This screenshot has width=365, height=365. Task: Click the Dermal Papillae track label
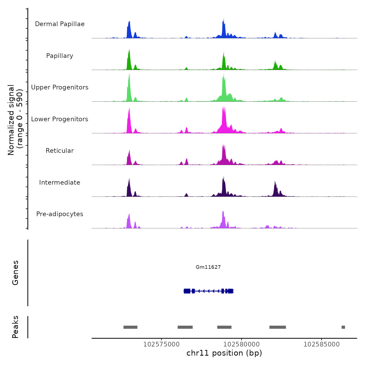coord(60,24)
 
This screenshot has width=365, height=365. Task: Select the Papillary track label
coord(60,56)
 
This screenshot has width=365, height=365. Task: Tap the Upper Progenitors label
coord(60,87)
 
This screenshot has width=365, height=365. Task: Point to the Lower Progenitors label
coord(60,119)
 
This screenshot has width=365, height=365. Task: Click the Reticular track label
coord(60,151)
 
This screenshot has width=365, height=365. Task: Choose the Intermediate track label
coord(60,182)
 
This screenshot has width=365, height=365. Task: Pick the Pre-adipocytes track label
coord(60,214)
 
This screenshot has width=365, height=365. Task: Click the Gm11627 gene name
coord(208,267)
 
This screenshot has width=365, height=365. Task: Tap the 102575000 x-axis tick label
coord(161,344)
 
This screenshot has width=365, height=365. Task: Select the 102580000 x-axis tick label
coord(241,344)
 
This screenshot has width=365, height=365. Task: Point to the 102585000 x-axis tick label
coord(321,344)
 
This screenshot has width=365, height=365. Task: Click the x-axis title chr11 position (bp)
coord(224,353)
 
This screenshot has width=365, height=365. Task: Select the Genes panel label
coord(15,273)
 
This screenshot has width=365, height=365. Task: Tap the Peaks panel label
coord(15,327)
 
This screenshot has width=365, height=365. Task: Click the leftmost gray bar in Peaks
coord(130,327)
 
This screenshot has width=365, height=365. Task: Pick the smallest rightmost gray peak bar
coord(343,327)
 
